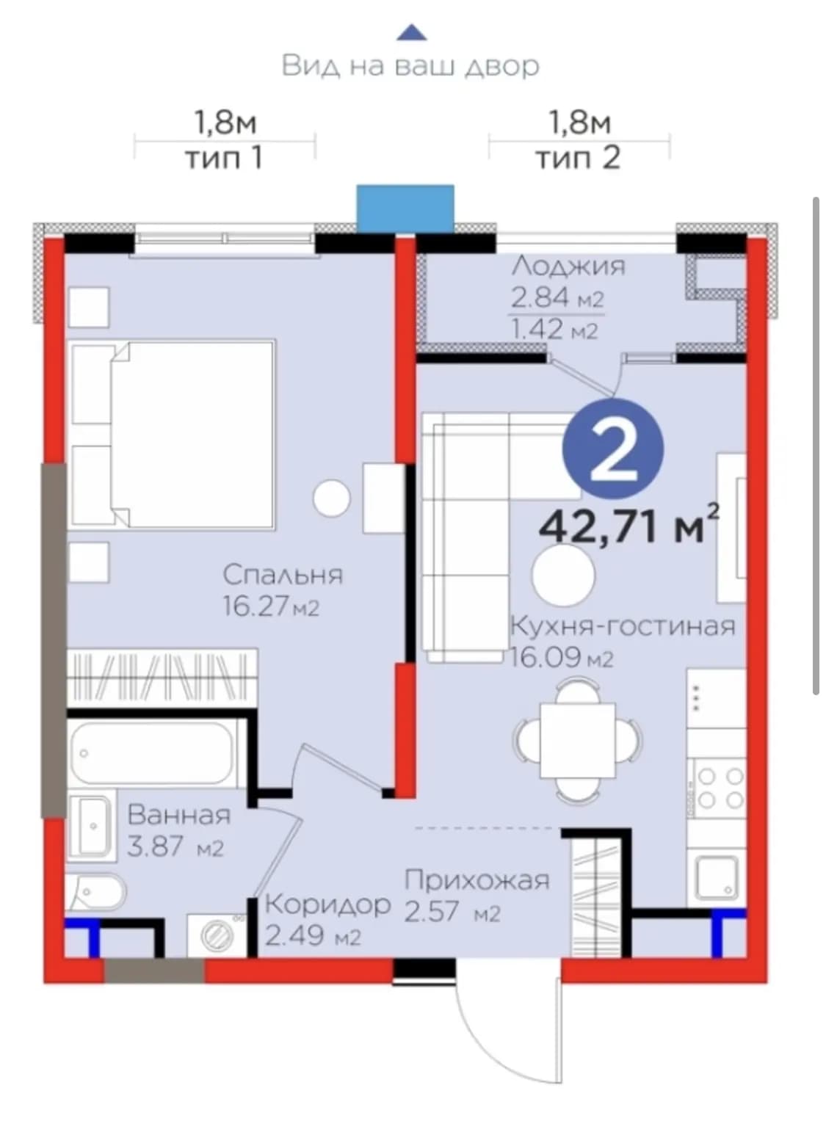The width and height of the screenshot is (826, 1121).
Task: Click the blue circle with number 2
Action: click(x=614, y=449)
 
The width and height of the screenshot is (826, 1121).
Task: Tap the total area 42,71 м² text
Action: click(x=629, y=526)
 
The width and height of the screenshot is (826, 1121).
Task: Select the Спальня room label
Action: click(x=283, y=575)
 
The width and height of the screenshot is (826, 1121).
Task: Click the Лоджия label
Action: click(x=568, y=266)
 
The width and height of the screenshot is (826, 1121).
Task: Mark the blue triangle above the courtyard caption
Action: click(x=411, y=32)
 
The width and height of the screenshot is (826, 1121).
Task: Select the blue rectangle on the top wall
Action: click(x=405, y=209)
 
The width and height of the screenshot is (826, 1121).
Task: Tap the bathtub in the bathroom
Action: click(x=152, y=754)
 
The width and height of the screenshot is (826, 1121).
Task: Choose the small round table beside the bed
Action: click(x=331, y=498)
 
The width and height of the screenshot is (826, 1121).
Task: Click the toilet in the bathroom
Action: click(x=95, y=892)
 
